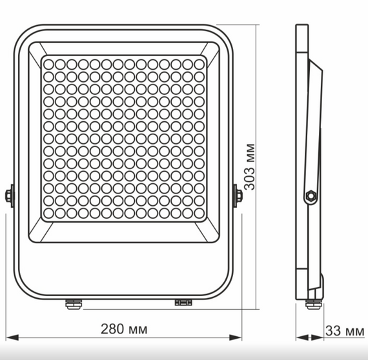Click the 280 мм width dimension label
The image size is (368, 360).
coord(124,329)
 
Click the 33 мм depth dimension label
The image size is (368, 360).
coord(345,331)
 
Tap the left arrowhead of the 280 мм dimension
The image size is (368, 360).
coord(12,337)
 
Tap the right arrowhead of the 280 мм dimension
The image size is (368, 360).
coord(236,337)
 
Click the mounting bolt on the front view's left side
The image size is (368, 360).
coord(10,196)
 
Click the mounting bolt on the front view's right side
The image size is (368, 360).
coord(238,196)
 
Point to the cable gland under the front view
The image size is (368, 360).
coord(74,304)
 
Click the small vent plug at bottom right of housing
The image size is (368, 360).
coord(183,303)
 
